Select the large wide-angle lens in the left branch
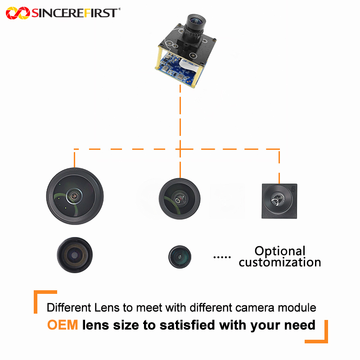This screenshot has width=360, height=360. point(75,196)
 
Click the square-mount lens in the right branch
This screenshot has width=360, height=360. point(279,201)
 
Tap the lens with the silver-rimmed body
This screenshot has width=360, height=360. point(75,255)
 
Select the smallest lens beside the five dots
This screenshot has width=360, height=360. point(180,256)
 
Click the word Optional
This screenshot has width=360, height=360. point(280,251)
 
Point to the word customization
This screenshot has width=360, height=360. point(280,262)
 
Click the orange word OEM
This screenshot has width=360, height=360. point(63,325)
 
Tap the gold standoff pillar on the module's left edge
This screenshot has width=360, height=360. point(157,58)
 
